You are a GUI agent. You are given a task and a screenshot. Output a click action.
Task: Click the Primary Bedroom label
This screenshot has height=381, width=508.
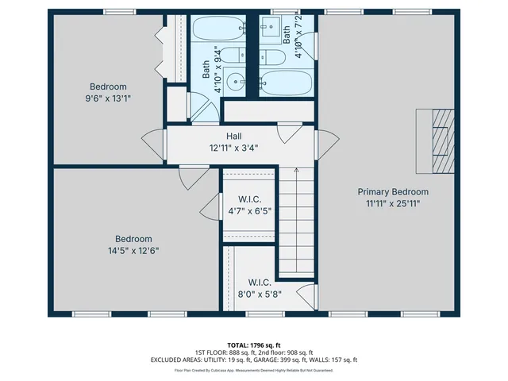click(392, 191)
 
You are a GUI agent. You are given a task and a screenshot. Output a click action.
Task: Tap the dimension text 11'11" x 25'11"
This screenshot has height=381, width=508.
click(392, 203)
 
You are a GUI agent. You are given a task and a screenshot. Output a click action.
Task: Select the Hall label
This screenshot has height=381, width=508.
click(233, 136)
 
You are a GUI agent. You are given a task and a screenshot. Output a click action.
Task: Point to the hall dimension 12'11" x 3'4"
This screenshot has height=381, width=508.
click(233, 148)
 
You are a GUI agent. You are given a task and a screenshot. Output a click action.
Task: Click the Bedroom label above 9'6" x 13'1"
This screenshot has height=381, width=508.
click(107, 87)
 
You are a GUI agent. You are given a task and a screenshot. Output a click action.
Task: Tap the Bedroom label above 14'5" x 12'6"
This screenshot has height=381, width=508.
click(133, 239)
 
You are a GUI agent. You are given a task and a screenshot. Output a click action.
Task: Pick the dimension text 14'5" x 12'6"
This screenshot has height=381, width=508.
click(133, 251)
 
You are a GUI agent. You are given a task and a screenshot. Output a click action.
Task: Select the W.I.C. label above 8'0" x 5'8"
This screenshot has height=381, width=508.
click(260, 282)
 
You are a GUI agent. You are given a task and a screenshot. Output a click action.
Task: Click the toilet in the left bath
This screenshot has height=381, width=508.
click(231, 56)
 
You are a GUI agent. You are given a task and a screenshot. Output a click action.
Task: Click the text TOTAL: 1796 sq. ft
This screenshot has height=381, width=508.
click(254, 345)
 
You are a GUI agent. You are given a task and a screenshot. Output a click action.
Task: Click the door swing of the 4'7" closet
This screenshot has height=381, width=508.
click(210, 207)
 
